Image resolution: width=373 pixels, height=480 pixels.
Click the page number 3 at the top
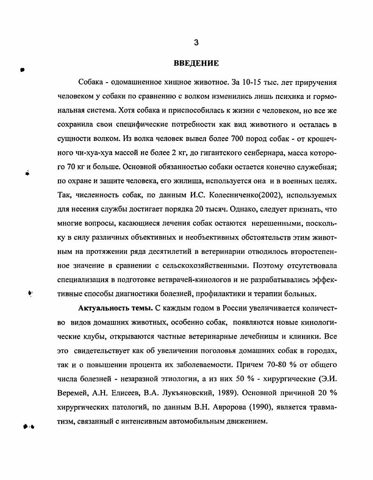coord(196,43)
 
